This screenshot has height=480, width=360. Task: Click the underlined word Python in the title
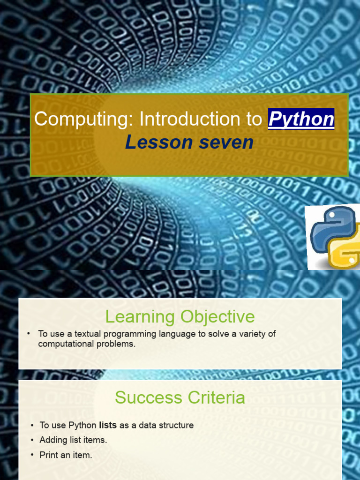click(301, 120)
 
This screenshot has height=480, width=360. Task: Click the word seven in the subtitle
click(225, 142)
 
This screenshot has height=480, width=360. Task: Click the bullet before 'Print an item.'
click(32, 455)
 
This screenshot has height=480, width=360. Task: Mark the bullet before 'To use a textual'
click(29, 334)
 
